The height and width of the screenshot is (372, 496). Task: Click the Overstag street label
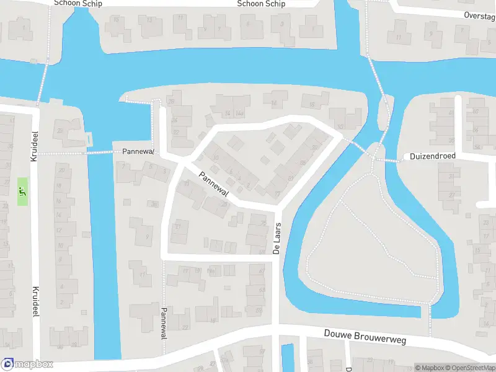point(479,15)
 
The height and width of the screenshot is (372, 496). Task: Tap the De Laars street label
point(278,238)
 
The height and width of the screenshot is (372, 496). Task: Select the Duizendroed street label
point(432,157)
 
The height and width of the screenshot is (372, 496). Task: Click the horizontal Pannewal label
point(133,152)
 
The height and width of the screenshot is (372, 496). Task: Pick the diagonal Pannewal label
point(214,184)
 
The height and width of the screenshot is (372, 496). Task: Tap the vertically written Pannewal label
point(164,322)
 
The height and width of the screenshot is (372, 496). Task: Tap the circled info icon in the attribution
point(409,368)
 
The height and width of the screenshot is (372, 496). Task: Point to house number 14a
point(240,114)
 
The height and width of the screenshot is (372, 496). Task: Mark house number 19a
point(211,271)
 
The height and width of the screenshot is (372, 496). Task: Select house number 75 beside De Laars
point(263,223)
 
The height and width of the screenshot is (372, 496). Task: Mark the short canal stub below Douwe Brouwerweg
point(288,358)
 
